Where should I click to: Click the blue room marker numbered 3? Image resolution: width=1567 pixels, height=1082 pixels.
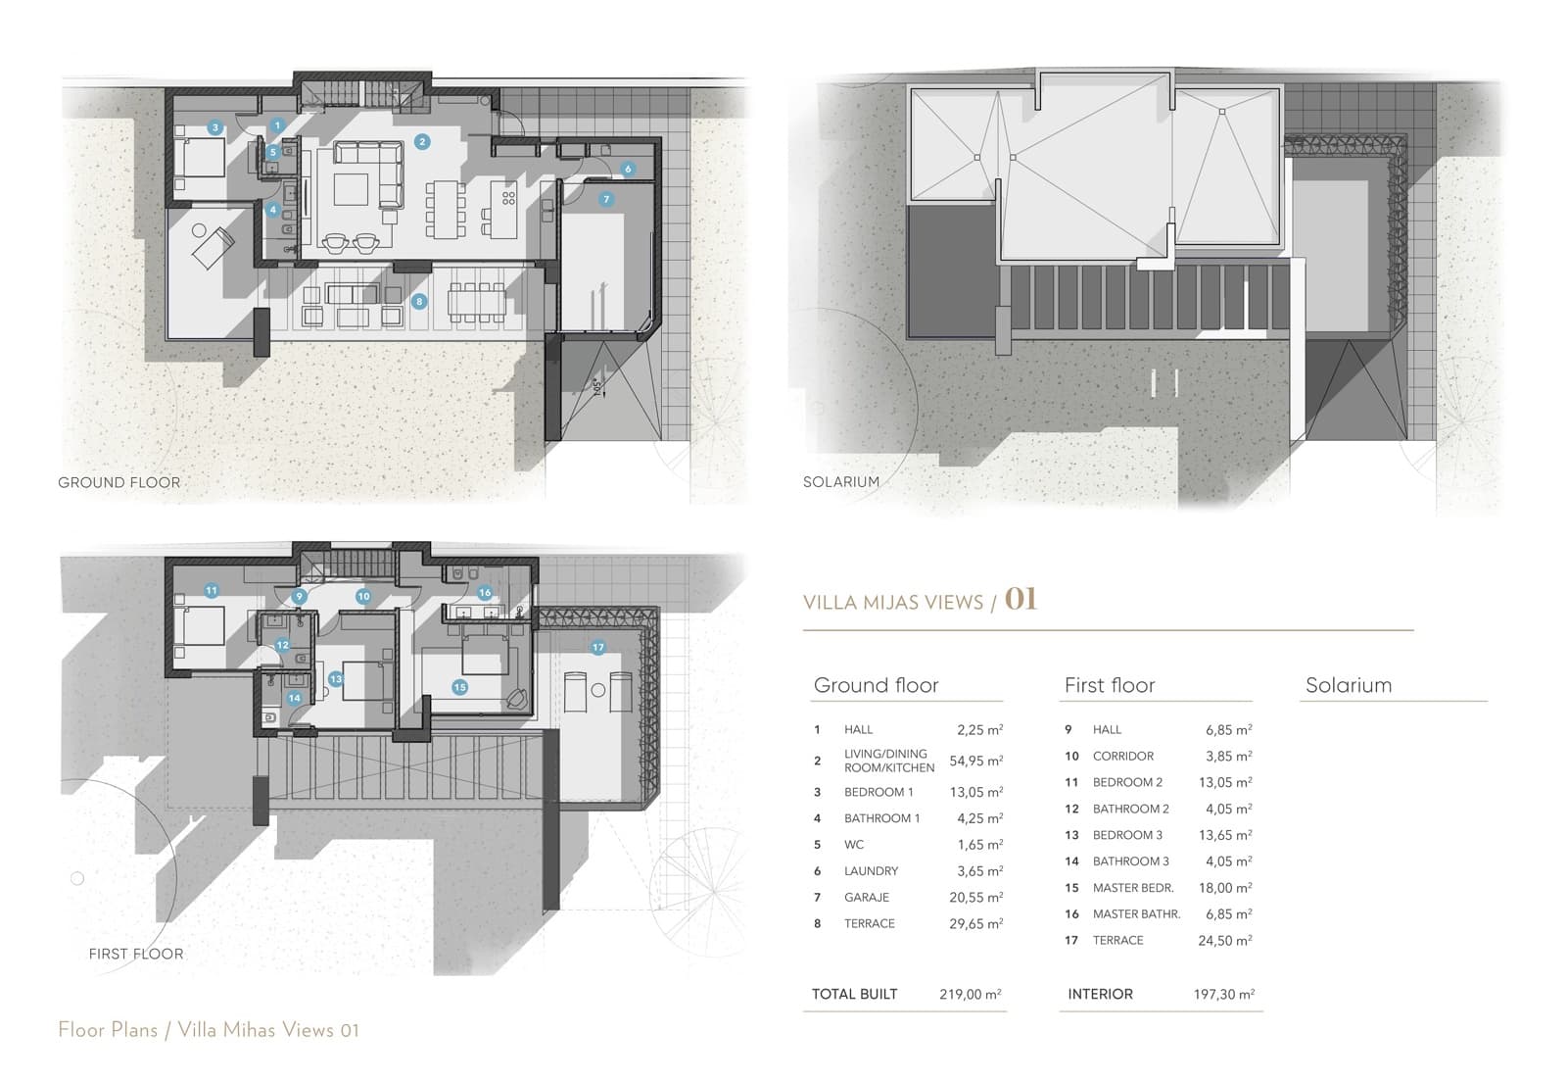pyautogui.click(x=214, y=127)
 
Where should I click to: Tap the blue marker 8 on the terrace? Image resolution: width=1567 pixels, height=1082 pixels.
pyautogui.click(x=419, y=301)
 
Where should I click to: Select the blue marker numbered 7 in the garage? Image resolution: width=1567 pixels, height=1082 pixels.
pyautogui.click(x=606, y=199)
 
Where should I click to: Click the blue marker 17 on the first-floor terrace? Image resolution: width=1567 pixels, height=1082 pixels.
pyautogui.click(x=597, y=648)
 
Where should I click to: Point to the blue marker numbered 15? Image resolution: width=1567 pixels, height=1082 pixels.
pyautogui.click(x=459, y=687)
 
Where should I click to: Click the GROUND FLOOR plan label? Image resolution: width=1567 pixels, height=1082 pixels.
pyautogui.click(x=119, y=482)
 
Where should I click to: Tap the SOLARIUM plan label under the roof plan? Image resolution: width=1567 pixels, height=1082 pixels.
pyautogui.click(x=840, y=482)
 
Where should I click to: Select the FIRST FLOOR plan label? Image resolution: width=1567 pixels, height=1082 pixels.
pyautogui.click(x=135, y=954)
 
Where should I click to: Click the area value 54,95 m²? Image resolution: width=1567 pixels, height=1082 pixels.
pyautogui.click(x=975, y=761)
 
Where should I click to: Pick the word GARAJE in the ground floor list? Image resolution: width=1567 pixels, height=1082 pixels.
pyautogui.click(x=866, y=897)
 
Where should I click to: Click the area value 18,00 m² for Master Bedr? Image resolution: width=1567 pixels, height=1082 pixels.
pyautogui.click(x=1224, y=887)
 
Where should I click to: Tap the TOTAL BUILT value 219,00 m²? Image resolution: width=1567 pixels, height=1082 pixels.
pyautogui.click(x=970, y=994)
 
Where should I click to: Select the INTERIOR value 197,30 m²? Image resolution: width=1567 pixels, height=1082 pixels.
pyautogui.click(x=1223, y=994)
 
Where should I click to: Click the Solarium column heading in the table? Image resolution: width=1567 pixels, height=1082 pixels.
pyautogui.click(x=1348, y=685)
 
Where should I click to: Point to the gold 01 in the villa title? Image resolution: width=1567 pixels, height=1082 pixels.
pyautogui.click(x=1021, y=599)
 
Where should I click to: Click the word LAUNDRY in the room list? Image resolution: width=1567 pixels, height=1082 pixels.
pyautogui.click(x=871, y=870)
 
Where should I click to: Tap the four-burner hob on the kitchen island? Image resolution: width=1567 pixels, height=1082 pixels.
pyautogui.click(x=508, y=198)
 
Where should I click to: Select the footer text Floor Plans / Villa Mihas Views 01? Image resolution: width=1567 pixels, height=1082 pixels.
pyautogui.click(x=209, y=1029)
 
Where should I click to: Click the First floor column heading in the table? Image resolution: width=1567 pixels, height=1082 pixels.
pyautogui.click(x=1109, y=685)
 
